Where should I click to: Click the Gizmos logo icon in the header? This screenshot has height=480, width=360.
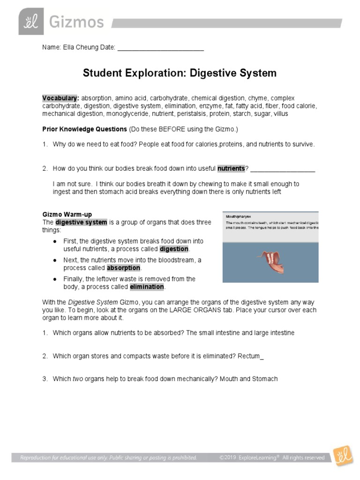pos(31,22)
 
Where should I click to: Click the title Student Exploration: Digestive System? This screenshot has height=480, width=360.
pos(180,73)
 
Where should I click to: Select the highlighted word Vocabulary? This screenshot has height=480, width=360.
pos(60,98)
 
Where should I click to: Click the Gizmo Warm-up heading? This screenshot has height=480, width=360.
pos(67,215)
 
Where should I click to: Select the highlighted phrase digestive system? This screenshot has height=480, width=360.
pos(82,222)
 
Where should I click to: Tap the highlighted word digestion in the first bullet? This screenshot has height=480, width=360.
pos(174,248)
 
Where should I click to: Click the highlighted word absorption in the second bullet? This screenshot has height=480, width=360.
pos(123,268)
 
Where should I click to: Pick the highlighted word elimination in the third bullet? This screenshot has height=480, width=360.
pos(147,286)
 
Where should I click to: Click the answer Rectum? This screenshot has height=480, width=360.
pos(249,356)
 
